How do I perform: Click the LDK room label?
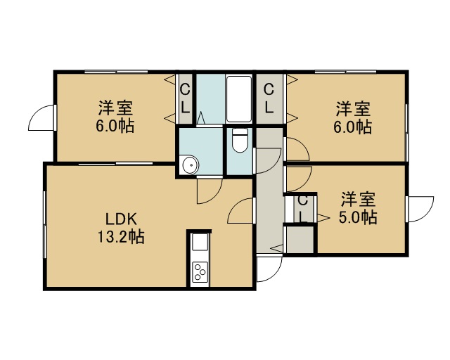pyautogui.click(x=122, y=219)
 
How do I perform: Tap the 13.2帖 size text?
pyautogui.click(x=122, y=237)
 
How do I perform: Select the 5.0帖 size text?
pyautogui.click(x=358, y=217)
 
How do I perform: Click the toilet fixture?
pyautogui.click(x=240, y=140)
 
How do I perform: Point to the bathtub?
pyautogui.click(x=239, y=99)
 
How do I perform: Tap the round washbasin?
pyautogui.click(x=191, y=165)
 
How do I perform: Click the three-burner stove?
pyautogui.click(x=200, y=272)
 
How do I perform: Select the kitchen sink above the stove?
pyautogui.click(x=200, y=242)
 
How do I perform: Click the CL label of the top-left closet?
pyautogui.click(x=186, y=99)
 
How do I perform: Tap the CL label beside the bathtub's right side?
pyautogui.click(x=269, y=99)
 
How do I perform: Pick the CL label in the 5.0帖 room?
pyautogui.click(x=302, y=209)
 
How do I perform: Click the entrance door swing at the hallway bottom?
pyautogui.click(x=270, y=269)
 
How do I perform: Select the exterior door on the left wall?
pyautogui.click(x=41, y=117)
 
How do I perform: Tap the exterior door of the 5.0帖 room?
pyautogui.click(x=420, y=209)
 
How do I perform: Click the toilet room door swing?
pyautogui.click(x=268, y=161)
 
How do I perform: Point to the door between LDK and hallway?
pyautogui.click(x=241, y=210)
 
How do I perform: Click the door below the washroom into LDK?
pyautogui.click(x=210, y=191)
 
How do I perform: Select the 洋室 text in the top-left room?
pyautogui.click(x=115, y=108)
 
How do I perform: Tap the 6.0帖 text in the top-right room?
pyautogui.click(x=353, y=127)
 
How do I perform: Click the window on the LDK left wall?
pyautogui.click(x=45, y=225)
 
